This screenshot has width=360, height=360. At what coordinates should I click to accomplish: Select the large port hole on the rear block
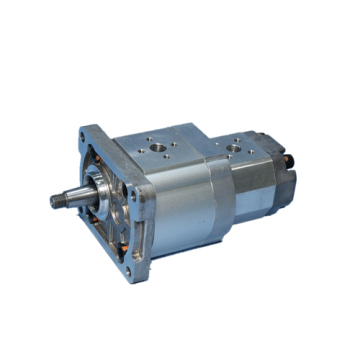(x=237, y=148)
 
